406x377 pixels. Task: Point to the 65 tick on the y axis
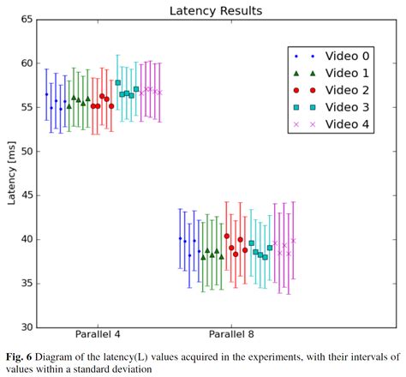[25, 19]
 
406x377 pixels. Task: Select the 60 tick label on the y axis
[25, 63]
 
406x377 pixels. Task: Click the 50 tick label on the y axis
[25, 152]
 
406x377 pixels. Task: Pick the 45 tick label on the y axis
[25, 195]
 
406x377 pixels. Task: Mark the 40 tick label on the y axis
[25, 239]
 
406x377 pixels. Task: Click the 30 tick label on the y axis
[25, 327]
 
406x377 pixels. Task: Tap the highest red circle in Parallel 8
[227, 236]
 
